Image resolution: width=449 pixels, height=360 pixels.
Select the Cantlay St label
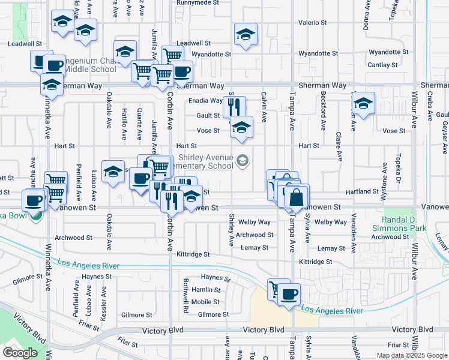[383, 65]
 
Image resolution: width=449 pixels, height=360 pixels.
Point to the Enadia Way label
[205, 100]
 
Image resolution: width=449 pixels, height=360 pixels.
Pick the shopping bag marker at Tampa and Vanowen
[297, 196]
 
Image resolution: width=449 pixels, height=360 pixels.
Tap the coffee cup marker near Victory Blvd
[289, 293]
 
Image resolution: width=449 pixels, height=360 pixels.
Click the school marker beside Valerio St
[246, 34]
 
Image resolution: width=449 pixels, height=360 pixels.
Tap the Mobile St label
[206, 302]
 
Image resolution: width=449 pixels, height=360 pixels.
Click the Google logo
[20, 353]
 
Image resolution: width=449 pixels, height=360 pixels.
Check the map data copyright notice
[411, 355]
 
